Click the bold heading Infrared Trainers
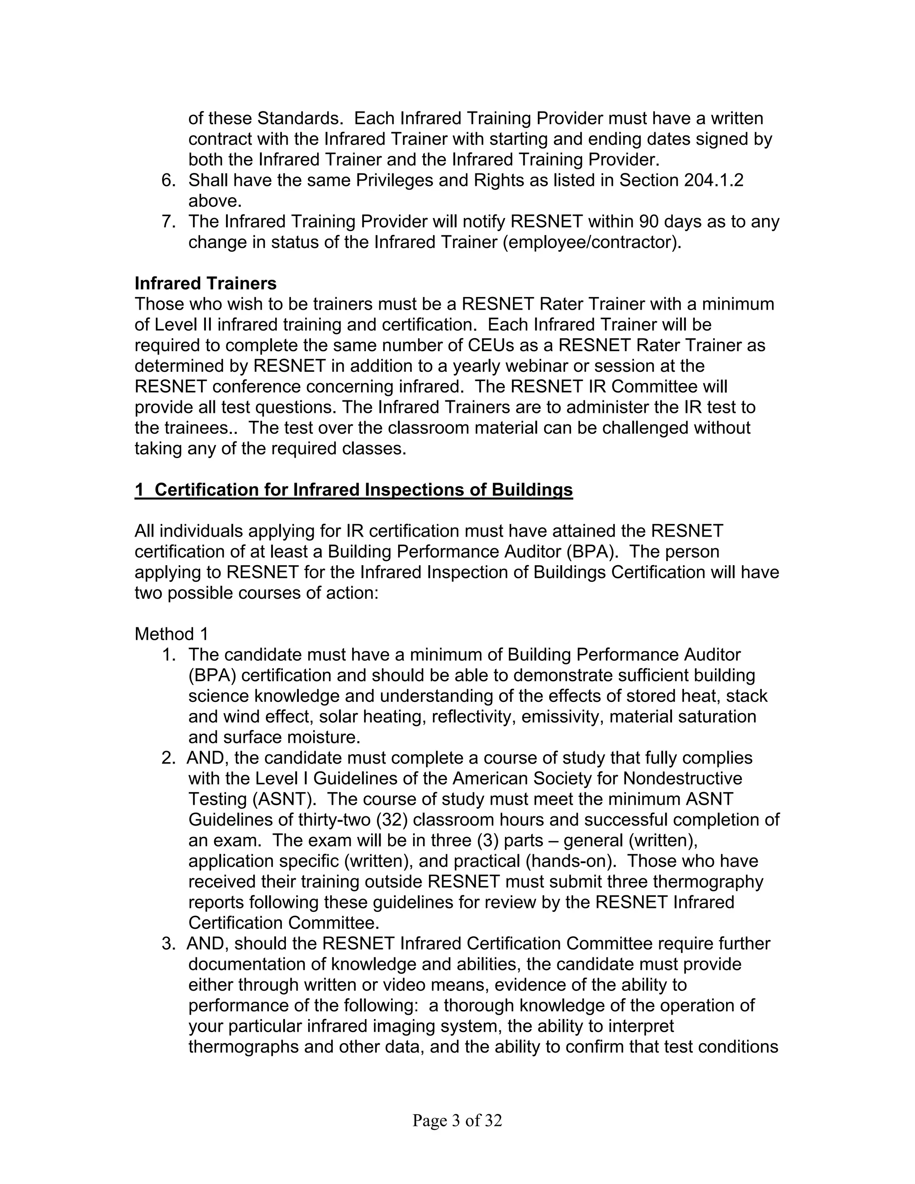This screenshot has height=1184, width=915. tap(206, 284)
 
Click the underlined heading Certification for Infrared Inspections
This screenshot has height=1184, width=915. tap(353, 490)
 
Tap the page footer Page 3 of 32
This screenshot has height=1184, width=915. tap(457, 1121)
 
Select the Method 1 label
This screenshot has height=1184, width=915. tap(171, 634)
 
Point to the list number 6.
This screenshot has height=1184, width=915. tap(168, 181)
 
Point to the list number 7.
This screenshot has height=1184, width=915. tap(168, 222)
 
